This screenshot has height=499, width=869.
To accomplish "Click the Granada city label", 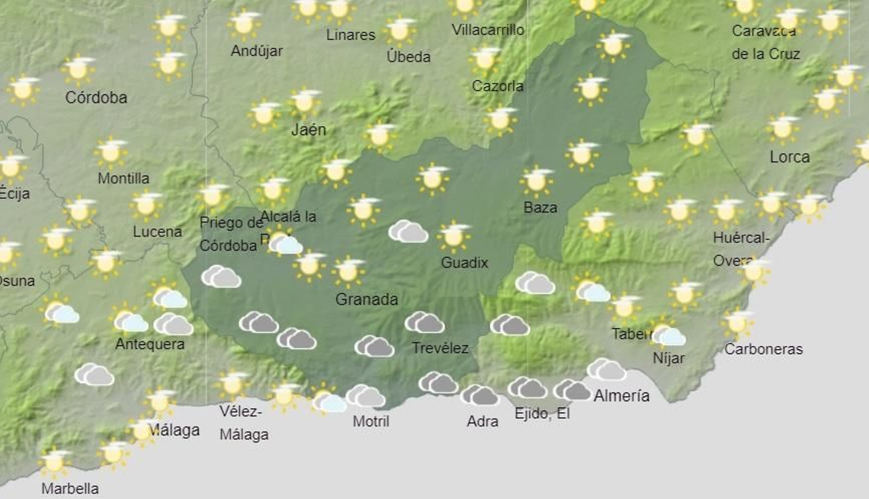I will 367,299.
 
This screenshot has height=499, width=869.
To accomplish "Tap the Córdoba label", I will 96,98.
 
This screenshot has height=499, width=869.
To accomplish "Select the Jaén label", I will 308,129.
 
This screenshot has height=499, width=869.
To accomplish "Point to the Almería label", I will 621,395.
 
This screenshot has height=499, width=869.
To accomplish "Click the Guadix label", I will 464,263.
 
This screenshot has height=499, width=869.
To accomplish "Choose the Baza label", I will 540,207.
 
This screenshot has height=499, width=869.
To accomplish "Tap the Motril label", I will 371,421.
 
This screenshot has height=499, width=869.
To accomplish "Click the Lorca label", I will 790,157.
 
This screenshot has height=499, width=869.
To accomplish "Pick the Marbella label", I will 70,488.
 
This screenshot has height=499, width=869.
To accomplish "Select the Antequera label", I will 150,344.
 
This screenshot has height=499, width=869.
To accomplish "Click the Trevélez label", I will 440,348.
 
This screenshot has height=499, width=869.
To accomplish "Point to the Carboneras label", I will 763,349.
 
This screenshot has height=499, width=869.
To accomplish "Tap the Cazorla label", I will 498,86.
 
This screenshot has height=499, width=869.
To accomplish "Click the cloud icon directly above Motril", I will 366,396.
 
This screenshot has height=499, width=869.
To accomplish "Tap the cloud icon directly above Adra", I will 480,395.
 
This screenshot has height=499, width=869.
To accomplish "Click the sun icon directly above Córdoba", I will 79,69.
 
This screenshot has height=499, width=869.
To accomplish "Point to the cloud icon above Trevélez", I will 425,323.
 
